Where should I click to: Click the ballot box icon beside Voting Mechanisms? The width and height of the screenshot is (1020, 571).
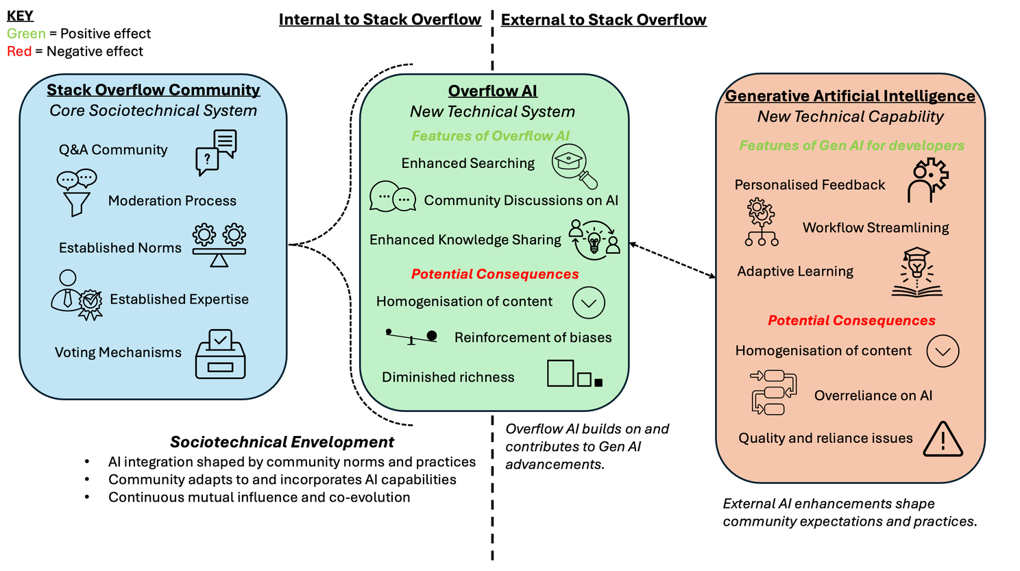click(221, 354)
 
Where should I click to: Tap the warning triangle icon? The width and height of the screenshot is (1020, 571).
click(943, 439)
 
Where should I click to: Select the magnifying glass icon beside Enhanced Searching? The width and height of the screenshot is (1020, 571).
click(574, 166)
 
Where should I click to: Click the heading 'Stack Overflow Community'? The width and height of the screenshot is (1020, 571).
click(154, 90)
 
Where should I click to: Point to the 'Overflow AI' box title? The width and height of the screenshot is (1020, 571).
click(492, 90)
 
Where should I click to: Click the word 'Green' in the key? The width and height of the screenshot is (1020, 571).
click(26, 34)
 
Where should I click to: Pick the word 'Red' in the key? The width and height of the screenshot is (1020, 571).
click(19, 51)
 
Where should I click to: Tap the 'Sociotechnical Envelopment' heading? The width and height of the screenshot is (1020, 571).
click(282, 441)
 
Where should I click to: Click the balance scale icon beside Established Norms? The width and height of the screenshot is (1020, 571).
click(219, 245)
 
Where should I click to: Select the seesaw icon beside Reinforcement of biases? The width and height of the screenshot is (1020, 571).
click(411, 337)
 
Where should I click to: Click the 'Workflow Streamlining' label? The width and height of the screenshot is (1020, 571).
click(875, 227)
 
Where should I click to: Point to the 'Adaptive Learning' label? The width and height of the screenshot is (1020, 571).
click(795, 271)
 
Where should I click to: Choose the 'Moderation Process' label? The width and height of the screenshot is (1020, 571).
click(172, 201)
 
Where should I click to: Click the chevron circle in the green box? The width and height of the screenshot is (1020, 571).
click(588, 302)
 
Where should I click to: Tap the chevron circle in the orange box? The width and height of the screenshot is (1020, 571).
click(943, 351)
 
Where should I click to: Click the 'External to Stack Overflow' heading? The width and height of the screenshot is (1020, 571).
click(603, 20)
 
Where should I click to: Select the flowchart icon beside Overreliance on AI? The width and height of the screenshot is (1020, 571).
click(774, 392)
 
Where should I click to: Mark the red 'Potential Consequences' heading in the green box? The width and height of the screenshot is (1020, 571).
click(495, 274)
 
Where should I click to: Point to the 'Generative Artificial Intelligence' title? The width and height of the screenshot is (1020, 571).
click(850, 95)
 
